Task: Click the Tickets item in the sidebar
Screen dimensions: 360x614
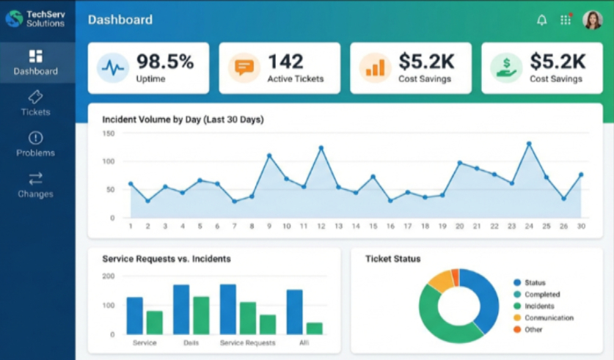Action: [35, 103]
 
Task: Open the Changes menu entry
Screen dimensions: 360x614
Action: [35, 185]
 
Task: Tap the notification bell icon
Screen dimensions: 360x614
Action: [542, 20]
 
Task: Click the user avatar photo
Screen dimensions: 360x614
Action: [592, 20]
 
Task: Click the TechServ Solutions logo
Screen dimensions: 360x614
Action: [13, 18]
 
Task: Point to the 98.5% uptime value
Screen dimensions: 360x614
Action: [165, 61]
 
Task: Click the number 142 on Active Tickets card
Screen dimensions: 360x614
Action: [285, 61]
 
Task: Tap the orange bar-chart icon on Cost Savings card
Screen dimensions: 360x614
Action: [375, 68]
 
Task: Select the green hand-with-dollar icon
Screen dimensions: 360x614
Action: [505, 68]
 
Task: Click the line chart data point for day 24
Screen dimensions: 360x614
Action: [529, 144]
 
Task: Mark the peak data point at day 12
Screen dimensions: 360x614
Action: [321, 148]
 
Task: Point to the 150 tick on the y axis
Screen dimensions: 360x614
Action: [109, 133]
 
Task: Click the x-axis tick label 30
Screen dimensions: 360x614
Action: [581, 227]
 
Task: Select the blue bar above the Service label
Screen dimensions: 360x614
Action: [134, 315]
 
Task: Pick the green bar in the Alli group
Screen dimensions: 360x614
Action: [314, 328]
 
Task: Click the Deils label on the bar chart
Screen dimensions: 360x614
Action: [190, 342]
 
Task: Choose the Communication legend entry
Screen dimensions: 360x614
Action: [549, 318]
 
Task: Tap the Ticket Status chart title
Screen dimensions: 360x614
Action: [392, 259]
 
